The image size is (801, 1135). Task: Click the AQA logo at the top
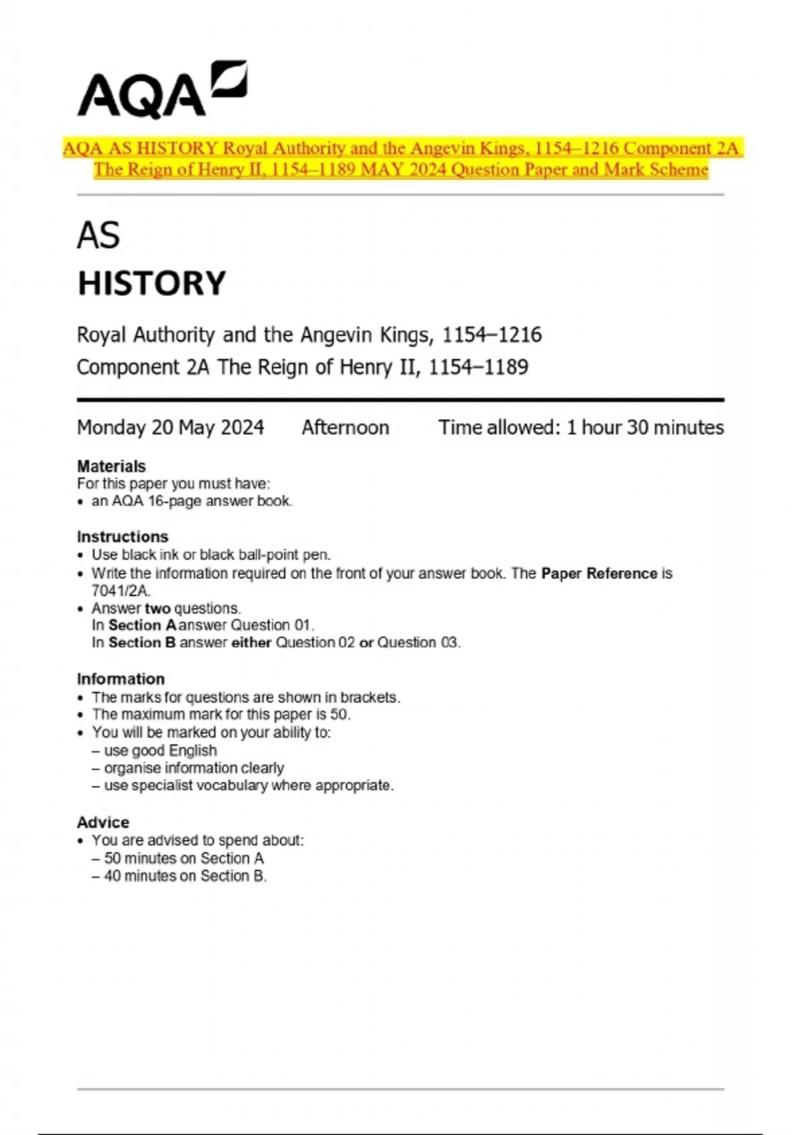tap(162, 90)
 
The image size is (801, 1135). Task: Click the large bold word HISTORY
tap(152, 283)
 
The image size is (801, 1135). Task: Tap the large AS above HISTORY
tap(98, 236)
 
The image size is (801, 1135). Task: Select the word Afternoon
tap(345, 427)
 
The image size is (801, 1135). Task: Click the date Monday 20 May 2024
tap(170, 427)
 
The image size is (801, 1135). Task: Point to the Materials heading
tap(111, 466)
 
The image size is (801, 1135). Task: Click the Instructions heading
tap(122, 537)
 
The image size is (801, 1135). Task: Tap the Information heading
tap(120, 679)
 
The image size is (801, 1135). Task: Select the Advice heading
tap(103, 823)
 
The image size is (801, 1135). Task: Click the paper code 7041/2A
tap(120, 591)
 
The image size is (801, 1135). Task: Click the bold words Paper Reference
tap(599, 574)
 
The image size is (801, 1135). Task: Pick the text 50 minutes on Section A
tap(184, 859)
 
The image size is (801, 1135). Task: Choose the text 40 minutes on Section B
tap(185, 876)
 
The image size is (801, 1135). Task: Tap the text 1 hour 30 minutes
tap(645, 427)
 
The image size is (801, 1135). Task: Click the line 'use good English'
tap(160, 750)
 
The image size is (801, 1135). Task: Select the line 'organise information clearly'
tap(194, 768)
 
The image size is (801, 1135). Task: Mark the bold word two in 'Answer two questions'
tap(158, 608)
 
